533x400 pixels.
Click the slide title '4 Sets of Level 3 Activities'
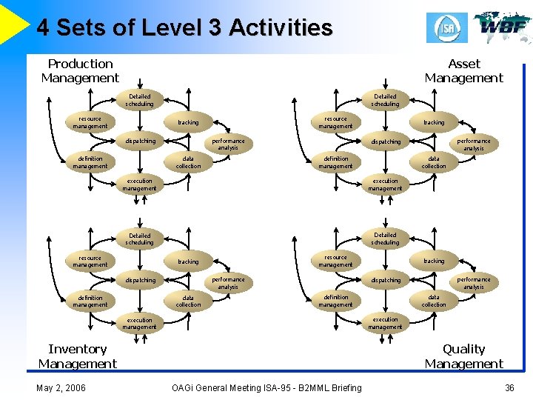pos(184,28)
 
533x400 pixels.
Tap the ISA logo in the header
pos(446,27)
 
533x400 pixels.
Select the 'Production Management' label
pos(80,71)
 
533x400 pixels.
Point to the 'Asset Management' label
pos(463,71)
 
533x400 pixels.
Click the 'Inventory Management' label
pos(78,356)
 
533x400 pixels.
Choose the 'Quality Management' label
pos(463,356)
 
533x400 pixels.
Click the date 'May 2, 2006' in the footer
pos(61,387)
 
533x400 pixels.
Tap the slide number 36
pos(509,387)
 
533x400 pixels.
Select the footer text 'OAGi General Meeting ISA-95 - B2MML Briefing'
pos(266,387)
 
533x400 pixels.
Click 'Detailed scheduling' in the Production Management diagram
pos(139,100)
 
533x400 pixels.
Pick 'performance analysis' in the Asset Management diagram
pos(474,144)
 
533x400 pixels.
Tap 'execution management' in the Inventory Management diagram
pos(139,324)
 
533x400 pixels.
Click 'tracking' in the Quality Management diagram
pos(434,261)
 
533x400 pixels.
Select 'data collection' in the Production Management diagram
pos(188,162)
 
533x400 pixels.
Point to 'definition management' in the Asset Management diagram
pos(335,162)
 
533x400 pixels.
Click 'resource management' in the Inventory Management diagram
pos(90,261)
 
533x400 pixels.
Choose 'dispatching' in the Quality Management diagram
pos(385,280)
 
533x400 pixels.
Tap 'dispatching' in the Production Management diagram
pos(140,141)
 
